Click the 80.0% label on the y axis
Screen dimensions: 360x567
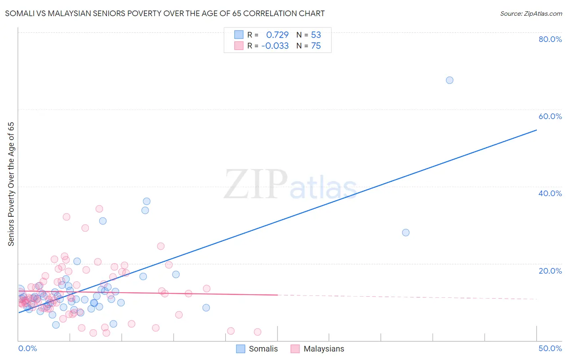pos(550,39)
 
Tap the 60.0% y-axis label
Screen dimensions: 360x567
pos(550,116)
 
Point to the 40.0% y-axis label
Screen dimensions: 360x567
pos(550,193)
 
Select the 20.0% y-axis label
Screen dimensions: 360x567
pos(550,270)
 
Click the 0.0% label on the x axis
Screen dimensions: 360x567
pos(28,348)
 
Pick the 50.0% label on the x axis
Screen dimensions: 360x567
pos(550,348)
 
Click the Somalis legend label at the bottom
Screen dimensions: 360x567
pos(263,349)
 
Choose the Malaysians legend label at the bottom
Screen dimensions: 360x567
pos(323,349)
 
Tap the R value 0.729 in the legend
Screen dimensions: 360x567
pos(277,35)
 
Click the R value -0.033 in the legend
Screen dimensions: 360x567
pos(275,46)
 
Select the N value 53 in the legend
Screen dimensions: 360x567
pos(316,35)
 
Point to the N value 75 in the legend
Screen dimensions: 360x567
pos(316,46)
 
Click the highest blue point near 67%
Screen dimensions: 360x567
pos(450,80)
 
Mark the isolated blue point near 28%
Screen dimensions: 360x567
pos(406,232)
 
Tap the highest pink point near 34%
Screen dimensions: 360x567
pos(99,209)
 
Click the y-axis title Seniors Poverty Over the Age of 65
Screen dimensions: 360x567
pos(11,184)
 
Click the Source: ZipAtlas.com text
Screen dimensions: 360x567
pos(531,13)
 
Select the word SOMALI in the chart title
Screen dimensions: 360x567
pos(19,13)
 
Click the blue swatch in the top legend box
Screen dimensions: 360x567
pos(239,35)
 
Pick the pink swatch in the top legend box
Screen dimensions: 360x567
pos(239,46)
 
